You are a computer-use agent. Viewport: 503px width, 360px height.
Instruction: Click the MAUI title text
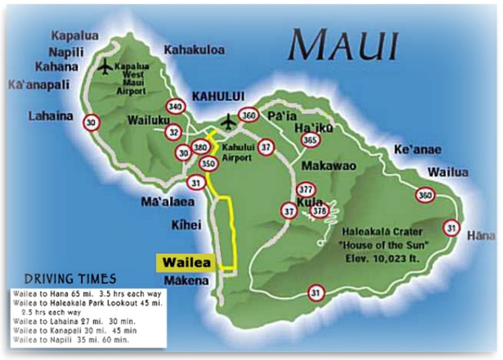tap(343, 45)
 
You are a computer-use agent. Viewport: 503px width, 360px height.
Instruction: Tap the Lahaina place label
tap(51, 116)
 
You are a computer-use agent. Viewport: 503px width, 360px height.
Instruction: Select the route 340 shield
tap(175, 107)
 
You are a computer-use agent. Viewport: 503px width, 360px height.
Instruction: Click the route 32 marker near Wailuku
tap(173, 132)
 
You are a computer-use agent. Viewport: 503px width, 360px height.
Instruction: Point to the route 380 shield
tap(200, 147)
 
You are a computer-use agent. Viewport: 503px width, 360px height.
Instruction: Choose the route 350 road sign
tap(208, 163)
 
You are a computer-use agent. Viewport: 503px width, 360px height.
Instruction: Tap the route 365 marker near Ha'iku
tap(311, 140)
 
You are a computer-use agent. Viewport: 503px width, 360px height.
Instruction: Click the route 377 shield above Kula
tap(306, 190)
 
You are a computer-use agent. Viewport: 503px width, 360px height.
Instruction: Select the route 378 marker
tap(319, 211)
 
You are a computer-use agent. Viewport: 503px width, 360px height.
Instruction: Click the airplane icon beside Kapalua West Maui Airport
tap(104, 67)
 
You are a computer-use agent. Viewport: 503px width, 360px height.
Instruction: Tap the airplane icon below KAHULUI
tap(228, 122)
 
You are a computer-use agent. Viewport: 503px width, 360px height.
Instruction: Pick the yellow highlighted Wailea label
tap(185, 263)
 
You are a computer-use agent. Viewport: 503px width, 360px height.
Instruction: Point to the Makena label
tap(186, 280)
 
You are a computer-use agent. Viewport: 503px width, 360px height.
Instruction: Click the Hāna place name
tap(481, 236)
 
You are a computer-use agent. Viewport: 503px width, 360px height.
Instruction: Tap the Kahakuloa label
tap(194, 50)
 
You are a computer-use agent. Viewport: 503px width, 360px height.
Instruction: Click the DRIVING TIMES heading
tap(70, 279)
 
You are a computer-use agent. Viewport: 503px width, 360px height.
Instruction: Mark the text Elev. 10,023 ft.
tap(382, 259)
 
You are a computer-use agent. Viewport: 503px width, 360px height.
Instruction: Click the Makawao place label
tap(329, 166)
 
